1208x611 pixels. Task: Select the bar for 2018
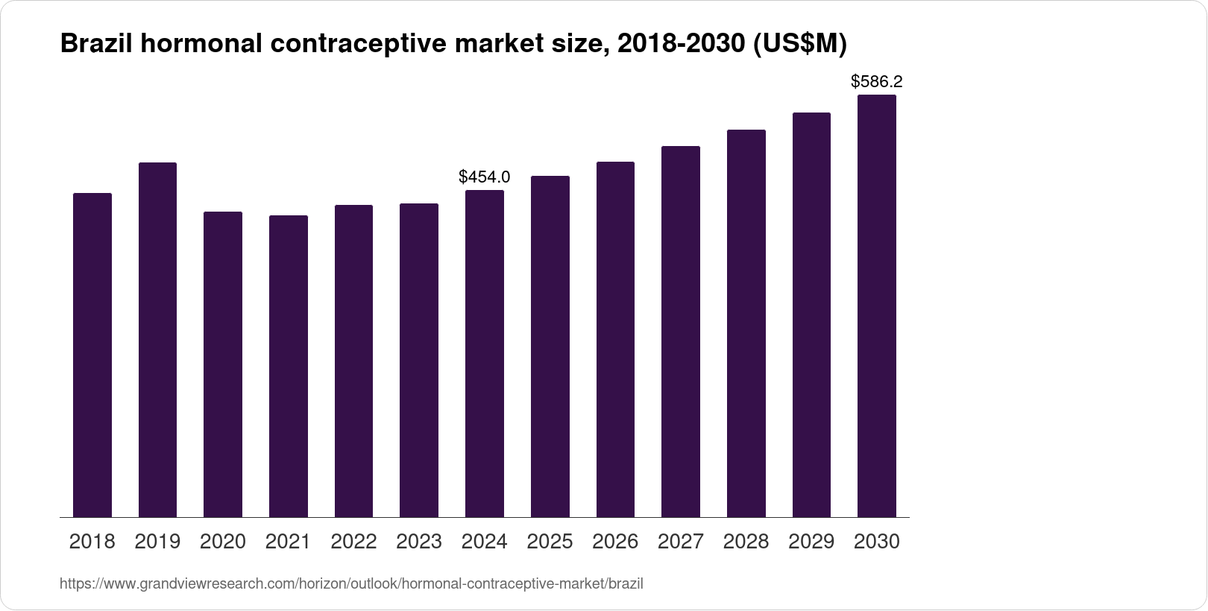click(x=92, y=355)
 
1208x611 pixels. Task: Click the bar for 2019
click(x=157, y=340)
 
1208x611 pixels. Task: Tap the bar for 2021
click(x=289, y=366)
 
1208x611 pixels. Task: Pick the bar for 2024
click(x=485, y=353)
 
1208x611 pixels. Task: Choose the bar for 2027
click(x=681, y=332)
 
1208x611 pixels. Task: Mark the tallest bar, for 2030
click(x=877, y=305)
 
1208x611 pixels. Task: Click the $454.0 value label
click(x=485, y=177)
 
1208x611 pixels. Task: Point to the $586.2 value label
click(x=877, y=81)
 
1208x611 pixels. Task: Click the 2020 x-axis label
click(x=223, y=542)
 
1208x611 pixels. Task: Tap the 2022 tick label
click(x=353, y=542)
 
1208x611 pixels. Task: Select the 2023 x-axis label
click(x=419, y=542)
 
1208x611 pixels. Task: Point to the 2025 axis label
click(x=550, y=542)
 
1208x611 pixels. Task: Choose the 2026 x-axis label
click(x=615, y=542)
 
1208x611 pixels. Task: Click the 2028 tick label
click(x=746, y=542)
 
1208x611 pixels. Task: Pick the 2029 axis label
click(x=811, y=542)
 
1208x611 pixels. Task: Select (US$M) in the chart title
click(x=799, y=44)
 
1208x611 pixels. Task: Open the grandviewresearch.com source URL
click(x=351, y=584)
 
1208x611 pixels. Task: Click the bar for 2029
click(x=811, y=314)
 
